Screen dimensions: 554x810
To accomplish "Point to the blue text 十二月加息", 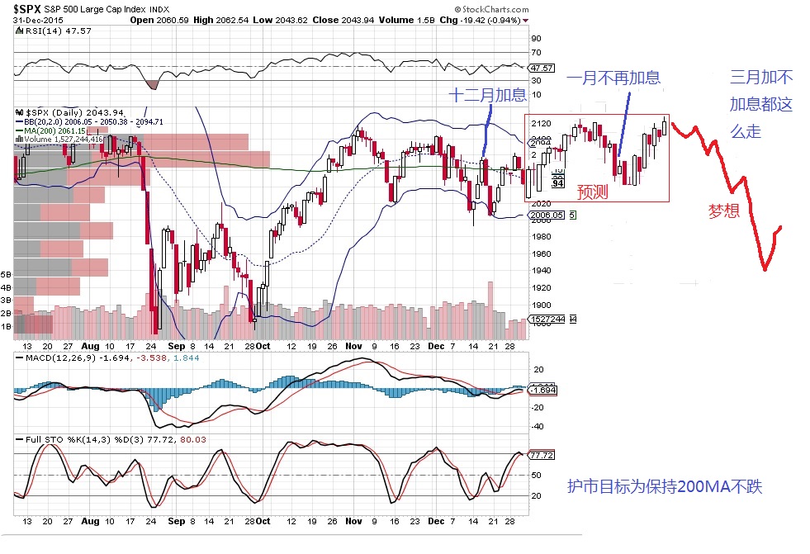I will pos(486,95).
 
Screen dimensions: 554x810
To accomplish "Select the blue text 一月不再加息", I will pos(613,78).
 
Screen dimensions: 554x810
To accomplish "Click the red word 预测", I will pos(592,192).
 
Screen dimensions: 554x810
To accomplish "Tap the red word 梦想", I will pos(724,211).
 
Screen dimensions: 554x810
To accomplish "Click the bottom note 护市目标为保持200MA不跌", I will pos(665,487).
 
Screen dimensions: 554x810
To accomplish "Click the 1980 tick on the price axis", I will pos(542,237).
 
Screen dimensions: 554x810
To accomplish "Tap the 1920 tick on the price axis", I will pos(542,288).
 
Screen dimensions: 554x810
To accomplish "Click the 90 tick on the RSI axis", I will pos(536,38).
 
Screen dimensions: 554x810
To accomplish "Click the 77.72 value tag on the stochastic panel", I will pos(541,455).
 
